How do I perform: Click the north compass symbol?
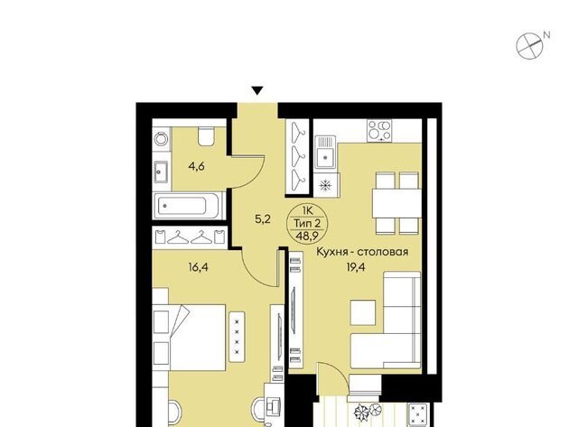[x=530, y=46]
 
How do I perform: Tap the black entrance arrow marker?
[x=257, y=90]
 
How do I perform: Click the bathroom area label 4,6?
[x=196, y=167]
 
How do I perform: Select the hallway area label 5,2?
[x=263, y=219]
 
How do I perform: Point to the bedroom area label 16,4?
[x=198, y=266]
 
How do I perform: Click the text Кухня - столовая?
[x=362, y=252]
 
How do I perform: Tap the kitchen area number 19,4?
[x=355, y=266]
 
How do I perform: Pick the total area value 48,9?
[x=305, y=236]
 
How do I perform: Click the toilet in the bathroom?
[x=206, y=135]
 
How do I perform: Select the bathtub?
[x=187, y=205]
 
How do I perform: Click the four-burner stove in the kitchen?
[x=379, y=130]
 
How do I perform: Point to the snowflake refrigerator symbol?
[x=325, y=184]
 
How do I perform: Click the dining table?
[x=396, y=203]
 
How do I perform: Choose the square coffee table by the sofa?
[x=363, y=312]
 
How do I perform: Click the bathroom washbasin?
[x=161, y=172]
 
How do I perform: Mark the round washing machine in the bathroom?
[x=161, y=139]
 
